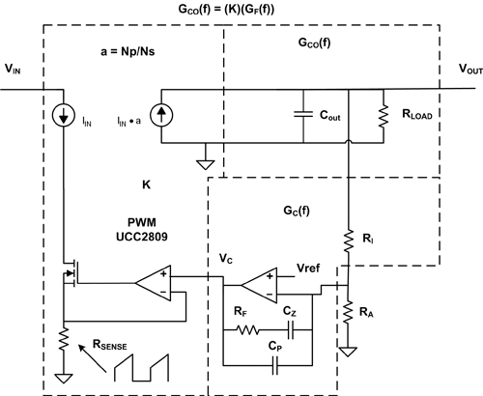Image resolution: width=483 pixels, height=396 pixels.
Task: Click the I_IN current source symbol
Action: [x=64, y=115]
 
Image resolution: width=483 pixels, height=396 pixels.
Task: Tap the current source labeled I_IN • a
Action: [x=161, y=115]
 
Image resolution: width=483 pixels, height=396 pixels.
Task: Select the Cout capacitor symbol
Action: [x=303, y=114]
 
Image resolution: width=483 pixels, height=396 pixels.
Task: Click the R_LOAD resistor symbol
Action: [x=384, y=115]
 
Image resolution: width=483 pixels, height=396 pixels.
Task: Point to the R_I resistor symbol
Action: [x=349, y=240]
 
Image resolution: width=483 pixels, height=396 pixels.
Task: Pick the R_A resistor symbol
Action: [x=348, y=312]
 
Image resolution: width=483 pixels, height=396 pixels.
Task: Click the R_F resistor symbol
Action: [x=247, y=330]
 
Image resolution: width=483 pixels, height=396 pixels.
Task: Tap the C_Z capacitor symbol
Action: [x=291, y=330]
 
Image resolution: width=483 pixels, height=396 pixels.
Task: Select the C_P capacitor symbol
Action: [x=274, y=365]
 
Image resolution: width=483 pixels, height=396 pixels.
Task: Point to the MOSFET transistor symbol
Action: [x=71, y=272]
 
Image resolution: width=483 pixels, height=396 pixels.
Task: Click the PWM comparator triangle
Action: [x=153, y=283]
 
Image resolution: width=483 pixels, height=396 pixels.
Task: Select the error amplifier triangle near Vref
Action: [x=259, y=285]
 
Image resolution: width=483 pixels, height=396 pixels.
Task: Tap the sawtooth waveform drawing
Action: [x=141, y=368]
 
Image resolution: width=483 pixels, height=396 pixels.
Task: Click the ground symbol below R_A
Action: [x=348, y=352]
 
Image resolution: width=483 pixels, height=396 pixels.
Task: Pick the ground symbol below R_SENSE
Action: [x=64, y=379]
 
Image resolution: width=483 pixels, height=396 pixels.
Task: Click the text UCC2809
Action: [x=142, y=237]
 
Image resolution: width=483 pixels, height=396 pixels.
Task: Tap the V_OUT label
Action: [x=470, y=70]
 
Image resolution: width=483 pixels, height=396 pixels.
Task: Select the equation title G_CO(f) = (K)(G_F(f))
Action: [x=226, y=9]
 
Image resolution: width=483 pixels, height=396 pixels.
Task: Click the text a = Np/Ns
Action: [x=128, y=51]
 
